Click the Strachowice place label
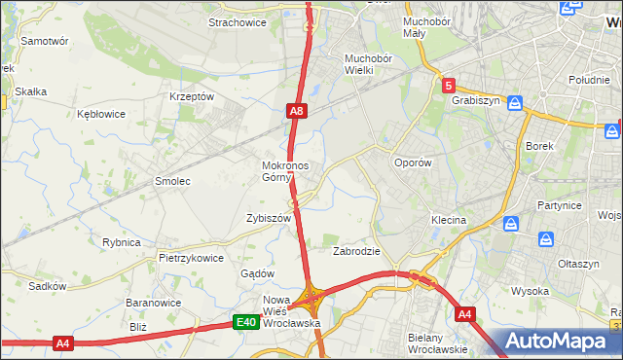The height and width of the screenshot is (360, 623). point(238,22)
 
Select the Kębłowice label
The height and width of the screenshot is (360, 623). point(101,114)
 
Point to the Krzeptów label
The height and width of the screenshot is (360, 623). point(191,97)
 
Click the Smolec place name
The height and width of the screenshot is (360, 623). point(172,181)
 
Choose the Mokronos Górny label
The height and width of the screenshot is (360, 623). point(285,171)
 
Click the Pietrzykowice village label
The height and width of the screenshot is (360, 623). point(192,258)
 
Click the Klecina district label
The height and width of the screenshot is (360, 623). point(450,221)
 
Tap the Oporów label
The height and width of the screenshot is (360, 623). point(411,162)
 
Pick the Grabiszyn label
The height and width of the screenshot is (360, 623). point(475,100)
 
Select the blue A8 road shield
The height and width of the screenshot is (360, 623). point(298,112)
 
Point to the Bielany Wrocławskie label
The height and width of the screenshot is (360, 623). point(438,342)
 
